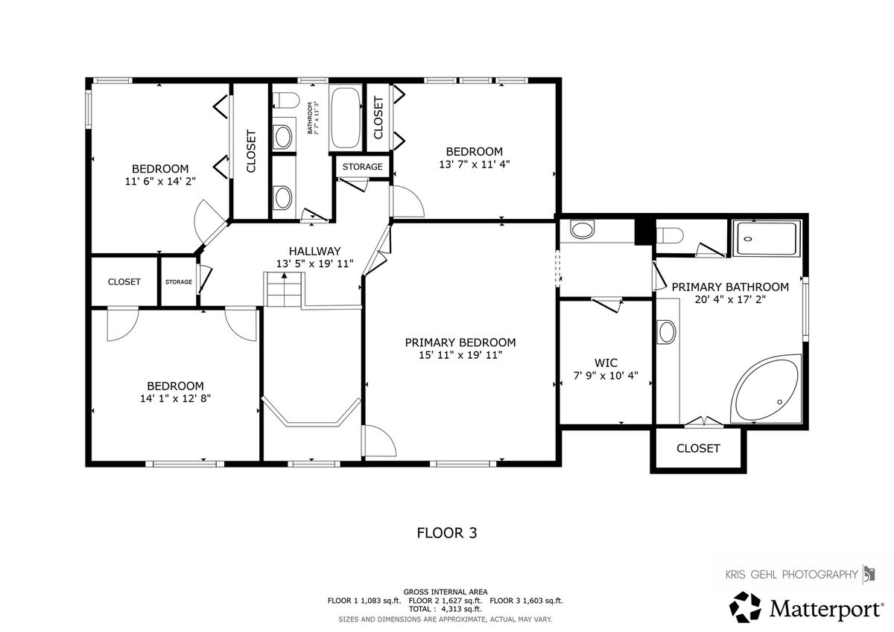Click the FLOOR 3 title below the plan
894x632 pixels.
tap(446, 533)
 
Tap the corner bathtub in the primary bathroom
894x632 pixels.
tap(766, 389)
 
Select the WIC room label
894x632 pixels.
tap(606, 363)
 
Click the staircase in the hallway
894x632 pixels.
tap(284, 289)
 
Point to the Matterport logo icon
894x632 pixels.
tap(745, 607)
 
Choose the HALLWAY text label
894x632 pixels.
tap(315, 251)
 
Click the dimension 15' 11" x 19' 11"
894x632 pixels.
tap(460, 355)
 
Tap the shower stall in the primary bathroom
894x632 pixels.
tap(767, 238)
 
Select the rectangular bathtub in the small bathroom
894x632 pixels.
tap(345, 118)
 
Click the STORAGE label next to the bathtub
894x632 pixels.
tap(362, 167)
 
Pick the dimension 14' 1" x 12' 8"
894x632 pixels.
tap(175, 398)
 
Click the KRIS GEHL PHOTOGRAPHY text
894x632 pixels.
tap(791, 574)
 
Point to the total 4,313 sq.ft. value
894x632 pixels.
tap(461, 609)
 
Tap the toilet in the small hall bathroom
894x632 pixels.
tap(286, 100)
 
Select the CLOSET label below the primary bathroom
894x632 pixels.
tap(698, 449)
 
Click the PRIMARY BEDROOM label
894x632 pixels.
tap(460, 342)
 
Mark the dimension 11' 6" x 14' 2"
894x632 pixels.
tap(160, 182)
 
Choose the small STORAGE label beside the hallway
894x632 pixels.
tap(179, 282)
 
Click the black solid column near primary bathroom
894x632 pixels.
tap(644, 232)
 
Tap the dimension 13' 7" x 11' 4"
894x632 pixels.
tap(475, 165)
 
